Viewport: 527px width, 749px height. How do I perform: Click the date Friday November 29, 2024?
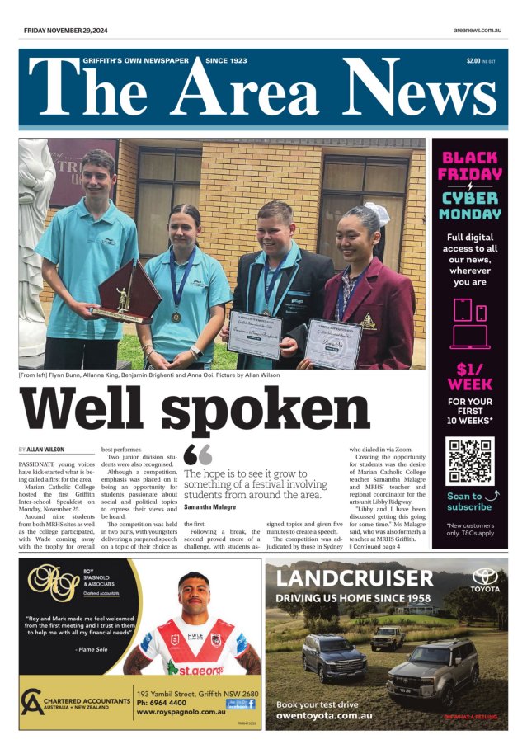point(65,31)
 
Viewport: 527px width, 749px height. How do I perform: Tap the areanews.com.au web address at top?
point(478,31)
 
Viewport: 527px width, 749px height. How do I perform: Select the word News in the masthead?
point(407,92)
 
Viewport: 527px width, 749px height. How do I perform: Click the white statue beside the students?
point(34,247)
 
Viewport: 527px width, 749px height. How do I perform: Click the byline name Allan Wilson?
point(51,450)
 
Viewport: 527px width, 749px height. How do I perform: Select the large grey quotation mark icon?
point(198,455)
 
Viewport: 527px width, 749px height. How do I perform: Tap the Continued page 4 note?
point(375,546)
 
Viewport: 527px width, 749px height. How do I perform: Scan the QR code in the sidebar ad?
point(469,459)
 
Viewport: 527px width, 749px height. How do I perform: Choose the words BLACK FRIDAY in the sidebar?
point(470,165)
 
